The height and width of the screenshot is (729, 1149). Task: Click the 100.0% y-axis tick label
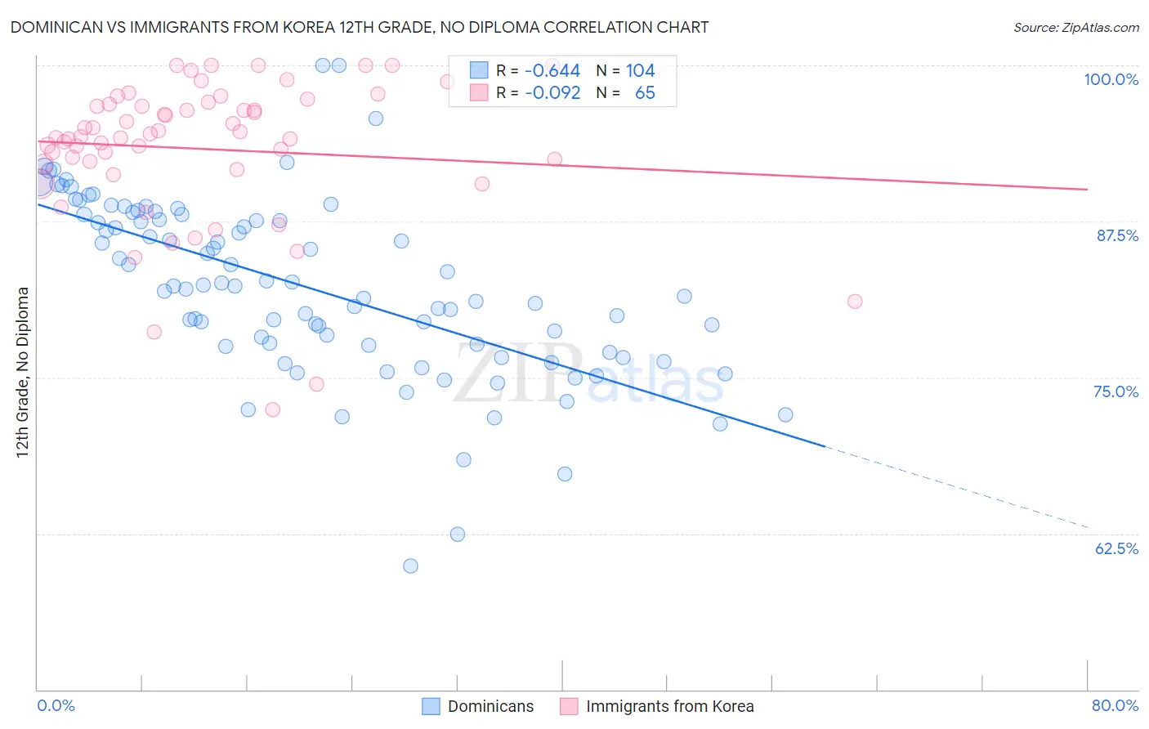[1111, 79]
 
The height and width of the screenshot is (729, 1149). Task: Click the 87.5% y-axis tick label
[1116, 235]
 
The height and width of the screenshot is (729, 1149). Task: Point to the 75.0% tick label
[1115, 391]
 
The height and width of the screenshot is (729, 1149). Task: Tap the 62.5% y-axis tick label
[1116, 548]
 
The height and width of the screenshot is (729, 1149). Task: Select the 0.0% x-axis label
[56, 705]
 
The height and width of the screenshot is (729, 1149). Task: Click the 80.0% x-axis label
[1115, 705]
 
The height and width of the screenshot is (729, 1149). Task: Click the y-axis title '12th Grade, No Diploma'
[23, 372]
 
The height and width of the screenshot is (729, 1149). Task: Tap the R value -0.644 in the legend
[552, 71]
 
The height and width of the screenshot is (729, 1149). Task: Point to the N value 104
[640, 71]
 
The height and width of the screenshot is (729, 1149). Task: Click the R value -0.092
[552, 92]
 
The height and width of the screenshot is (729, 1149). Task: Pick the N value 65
[645, 92]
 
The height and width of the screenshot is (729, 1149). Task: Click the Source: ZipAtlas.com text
[1075, 28]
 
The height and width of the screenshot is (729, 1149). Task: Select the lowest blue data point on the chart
[410, 566]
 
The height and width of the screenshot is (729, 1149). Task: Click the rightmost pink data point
[855, 302]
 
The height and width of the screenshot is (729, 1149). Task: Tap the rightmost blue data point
[785, 414]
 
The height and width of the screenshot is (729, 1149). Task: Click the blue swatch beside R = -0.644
[479, 71]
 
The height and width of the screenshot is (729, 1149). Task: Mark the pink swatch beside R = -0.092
[479, 92]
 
